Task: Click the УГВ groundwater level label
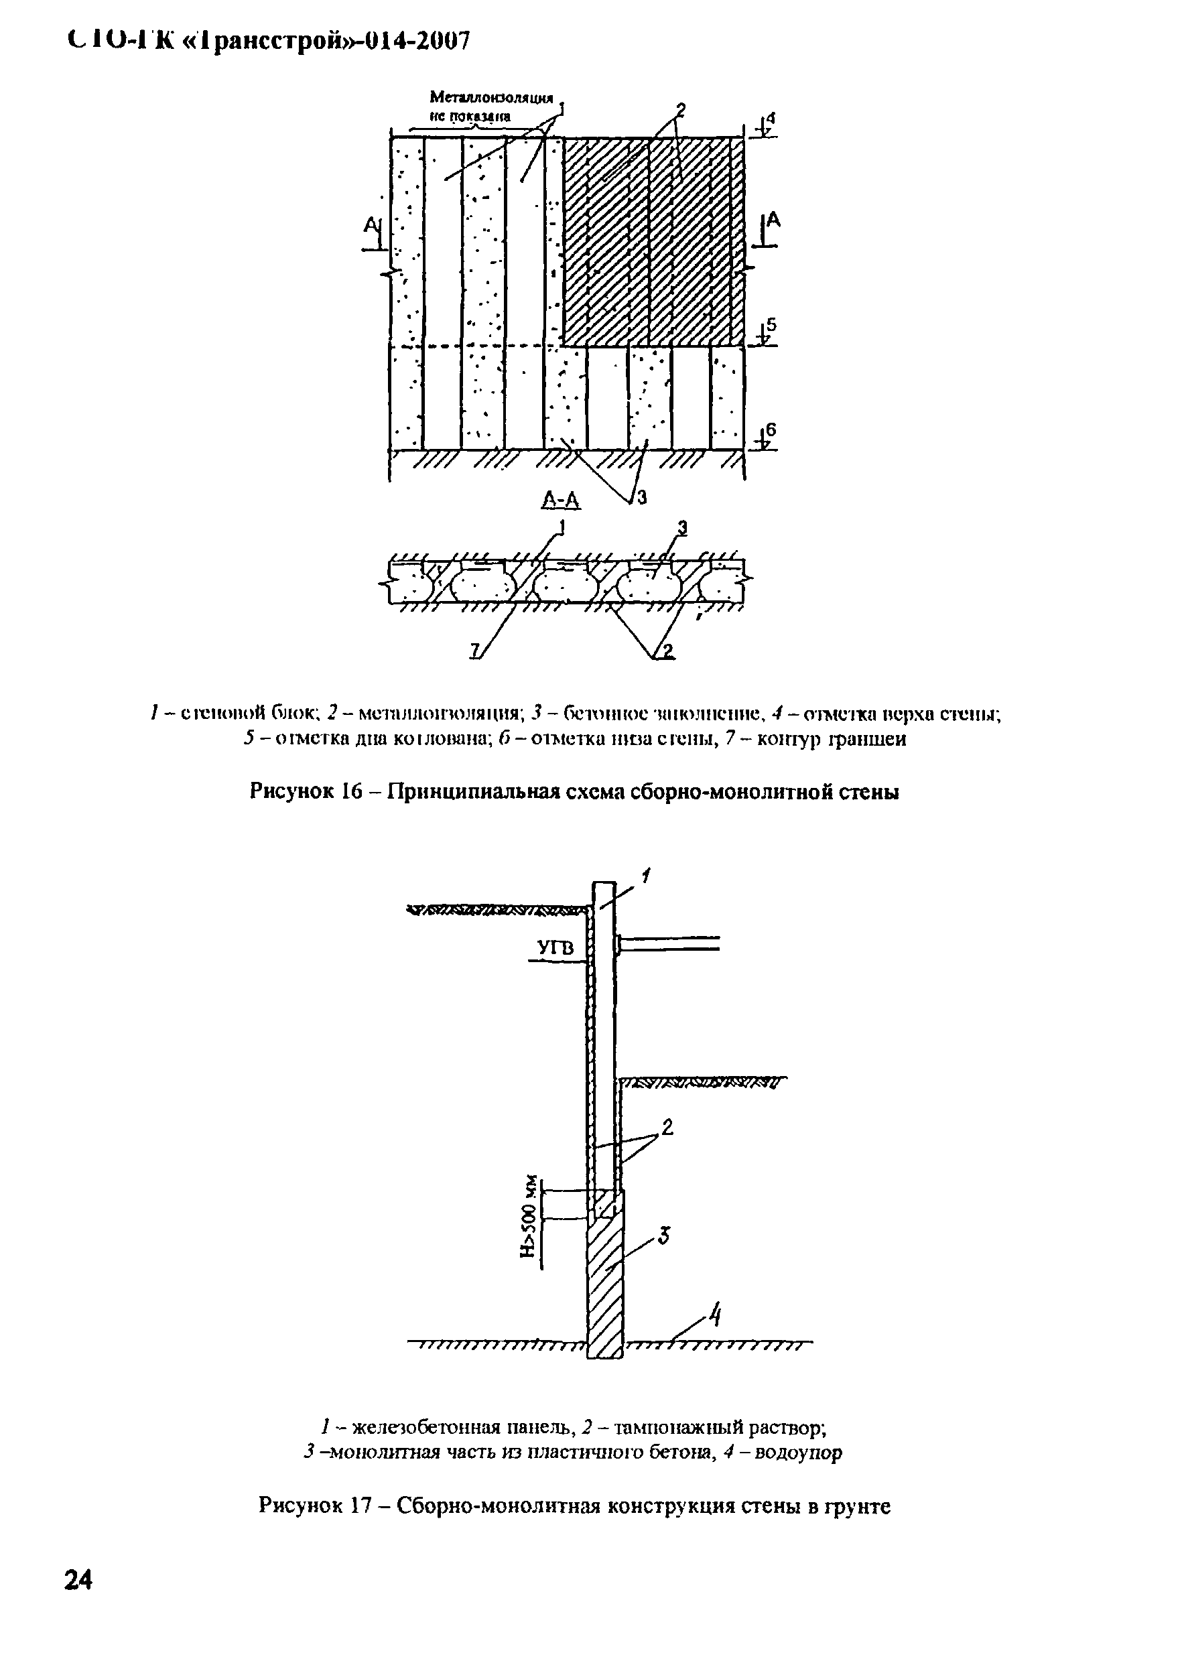pyautogui.click(x=555, y=949)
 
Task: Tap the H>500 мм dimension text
pyautogui.click(x=532, y=1216)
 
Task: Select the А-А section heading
pyautogui.click(x=562, y=499)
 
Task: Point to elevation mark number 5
pyautogui.click(x=771, y=325)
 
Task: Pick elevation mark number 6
pyautogui.click(x=771, y=430)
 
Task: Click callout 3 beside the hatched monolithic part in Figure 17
pyautogui.click(x=664, y=1235)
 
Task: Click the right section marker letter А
pyautogui.click(x=773, y=220)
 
